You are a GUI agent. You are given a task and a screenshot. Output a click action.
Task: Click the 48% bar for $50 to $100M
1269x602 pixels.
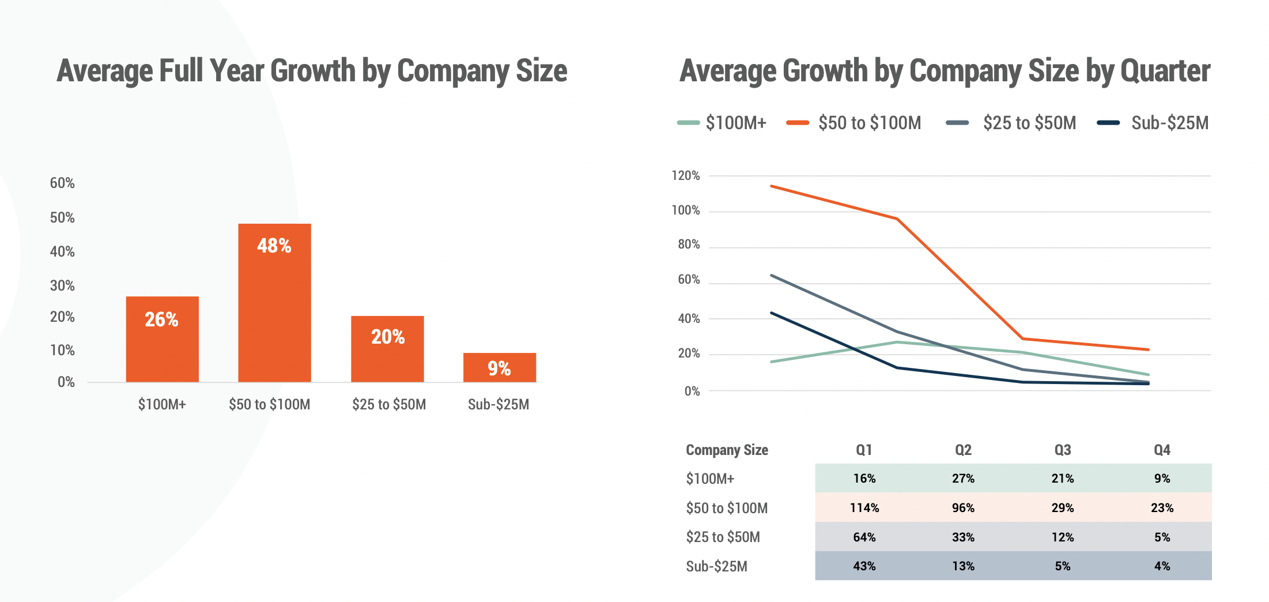(x=274, y=302)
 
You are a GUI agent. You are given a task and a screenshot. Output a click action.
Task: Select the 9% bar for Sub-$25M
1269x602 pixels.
(x=499, y=367)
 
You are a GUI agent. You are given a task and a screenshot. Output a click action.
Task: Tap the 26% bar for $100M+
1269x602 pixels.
(x=162, y=339)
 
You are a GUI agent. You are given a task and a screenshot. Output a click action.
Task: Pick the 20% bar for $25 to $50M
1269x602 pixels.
(x=387, y=348)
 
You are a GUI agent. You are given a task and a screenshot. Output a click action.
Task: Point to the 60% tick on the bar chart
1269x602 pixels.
(x=62, y=183)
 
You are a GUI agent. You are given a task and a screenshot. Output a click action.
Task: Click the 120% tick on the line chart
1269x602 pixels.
(x=686, y=176)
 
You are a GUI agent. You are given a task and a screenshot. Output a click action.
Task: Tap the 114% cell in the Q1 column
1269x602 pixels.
(x=864, y=508)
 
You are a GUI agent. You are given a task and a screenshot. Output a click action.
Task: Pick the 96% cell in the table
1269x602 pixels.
(x=963, y=508)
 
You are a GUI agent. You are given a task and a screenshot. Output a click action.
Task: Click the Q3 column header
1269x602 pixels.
(x=1062, y=450)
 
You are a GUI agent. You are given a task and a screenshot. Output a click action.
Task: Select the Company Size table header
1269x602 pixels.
(x=727, y=450)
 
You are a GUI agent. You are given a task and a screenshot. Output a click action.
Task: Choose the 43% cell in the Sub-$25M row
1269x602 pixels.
(x=864, y=566)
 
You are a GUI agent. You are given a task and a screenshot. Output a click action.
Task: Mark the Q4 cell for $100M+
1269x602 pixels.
(x=1162, y=479)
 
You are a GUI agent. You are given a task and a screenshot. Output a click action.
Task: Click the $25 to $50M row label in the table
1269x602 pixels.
(x=723, y=537)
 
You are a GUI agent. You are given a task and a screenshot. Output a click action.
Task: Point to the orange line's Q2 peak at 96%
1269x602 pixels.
(x=897, y=219)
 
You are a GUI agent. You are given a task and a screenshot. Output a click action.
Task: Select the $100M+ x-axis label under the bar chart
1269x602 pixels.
(x=162, y=404)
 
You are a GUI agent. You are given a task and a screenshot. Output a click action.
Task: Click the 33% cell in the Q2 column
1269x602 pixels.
(x=963, y=537)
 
